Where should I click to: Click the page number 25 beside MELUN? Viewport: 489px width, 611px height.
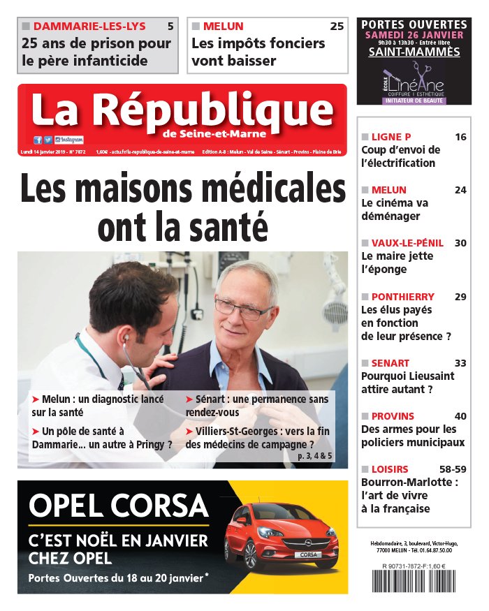point(337,27)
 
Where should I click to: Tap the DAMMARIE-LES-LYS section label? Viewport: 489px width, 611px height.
point(89,27)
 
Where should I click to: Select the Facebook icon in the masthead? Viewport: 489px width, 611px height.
point(38,140)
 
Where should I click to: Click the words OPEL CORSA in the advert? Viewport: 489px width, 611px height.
point(119,504)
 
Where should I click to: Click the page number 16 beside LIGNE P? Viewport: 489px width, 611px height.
point(460,137)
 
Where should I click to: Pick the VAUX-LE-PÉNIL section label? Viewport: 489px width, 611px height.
point(407,243)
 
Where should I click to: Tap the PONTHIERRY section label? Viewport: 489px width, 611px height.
point(402,297)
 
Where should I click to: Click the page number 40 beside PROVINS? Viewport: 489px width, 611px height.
point(460,416)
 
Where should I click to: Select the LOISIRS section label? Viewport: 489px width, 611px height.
point(390,469)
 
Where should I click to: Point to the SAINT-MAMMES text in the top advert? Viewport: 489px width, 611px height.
point(414,52)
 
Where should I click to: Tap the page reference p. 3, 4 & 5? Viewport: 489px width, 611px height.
point(315,456)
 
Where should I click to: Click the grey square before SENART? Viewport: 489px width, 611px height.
point(365,363)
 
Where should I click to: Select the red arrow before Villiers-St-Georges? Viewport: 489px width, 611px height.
point(189,432)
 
